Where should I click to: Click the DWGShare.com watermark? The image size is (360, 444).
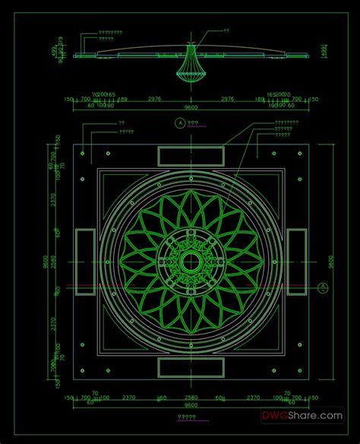tap(313, 416)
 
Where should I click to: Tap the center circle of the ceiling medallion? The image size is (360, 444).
tap(190, 262)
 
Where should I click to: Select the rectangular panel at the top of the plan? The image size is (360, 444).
tap(191, 155)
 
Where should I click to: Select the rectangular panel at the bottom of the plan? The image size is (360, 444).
tap(191, 368)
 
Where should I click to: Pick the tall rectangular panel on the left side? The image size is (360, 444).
tap(84, 262)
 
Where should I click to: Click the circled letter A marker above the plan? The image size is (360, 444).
tap(180, 122)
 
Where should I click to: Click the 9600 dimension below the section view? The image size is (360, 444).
tap(191, 107)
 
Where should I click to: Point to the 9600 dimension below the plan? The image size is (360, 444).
tap(191, 405)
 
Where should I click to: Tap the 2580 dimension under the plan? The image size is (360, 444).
tap(191, 397)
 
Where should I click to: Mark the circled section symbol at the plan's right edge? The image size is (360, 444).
tap(322, 287)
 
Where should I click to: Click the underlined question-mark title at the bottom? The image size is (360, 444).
tap(187, 417)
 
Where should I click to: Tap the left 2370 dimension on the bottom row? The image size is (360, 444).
tap(128, 397)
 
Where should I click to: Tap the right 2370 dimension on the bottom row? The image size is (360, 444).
tap(253, 397)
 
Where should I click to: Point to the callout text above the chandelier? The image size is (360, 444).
tap(226, 31)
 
